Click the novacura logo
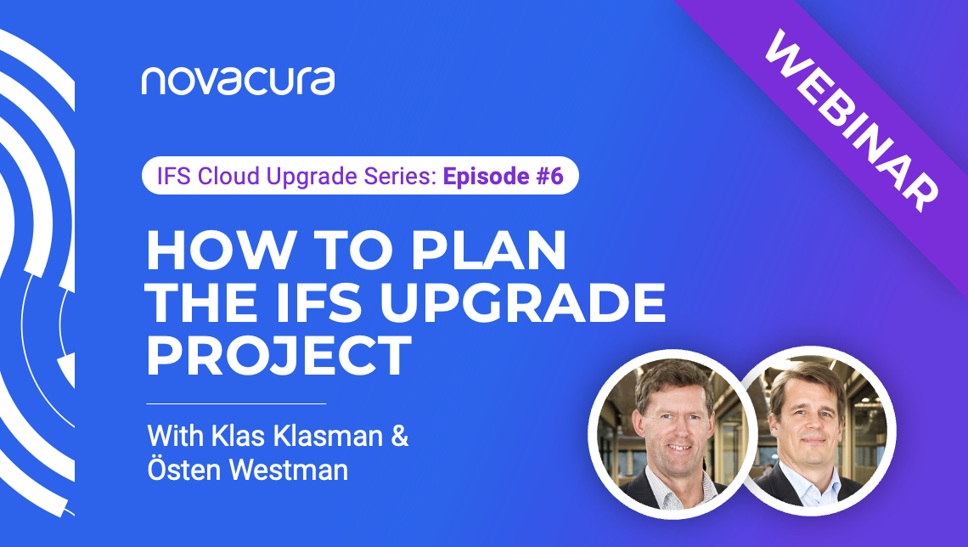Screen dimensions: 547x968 (238, 80)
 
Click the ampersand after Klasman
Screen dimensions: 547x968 (399, 437)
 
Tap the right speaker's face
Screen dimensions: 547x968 (806, 416)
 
